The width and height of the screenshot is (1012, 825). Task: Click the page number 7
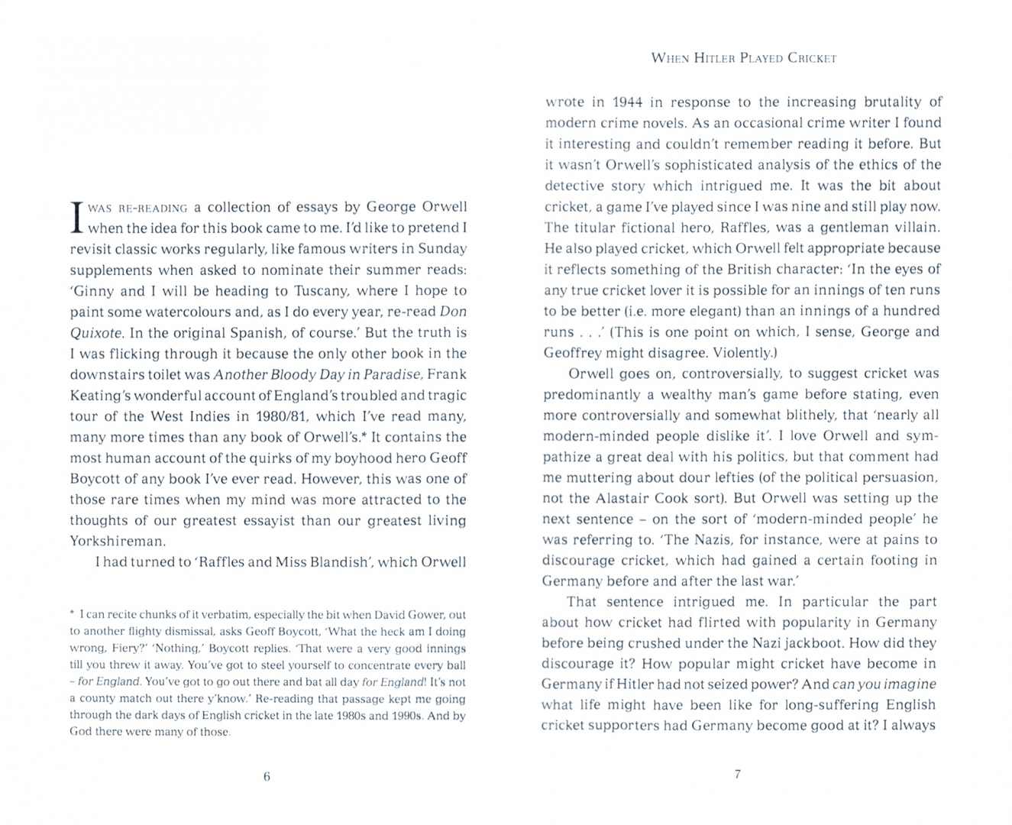(737, 774)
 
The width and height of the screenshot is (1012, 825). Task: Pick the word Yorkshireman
(117, 542)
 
